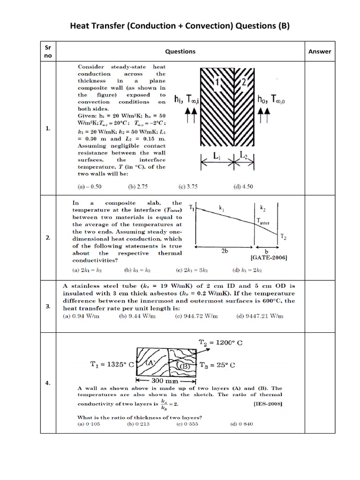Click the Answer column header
(x=319, y=52)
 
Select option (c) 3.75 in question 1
(x=188, y=186)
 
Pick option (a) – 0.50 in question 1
(x=90, y=186)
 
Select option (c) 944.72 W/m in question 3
(x=197, y=316)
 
